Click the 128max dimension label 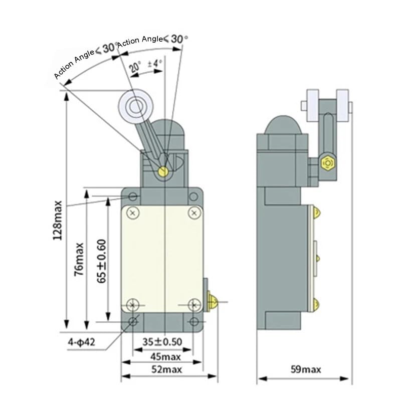click(x=59, y=221)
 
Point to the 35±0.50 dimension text click(x=162, y=342)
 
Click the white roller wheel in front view click(x=134, y=106)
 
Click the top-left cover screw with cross click(x=133, y=213)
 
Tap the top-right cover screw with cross click(x=194, y=213)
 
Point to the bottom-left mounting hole click(x=133, y=322)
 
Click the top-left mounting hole click(x=133, y=195)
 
